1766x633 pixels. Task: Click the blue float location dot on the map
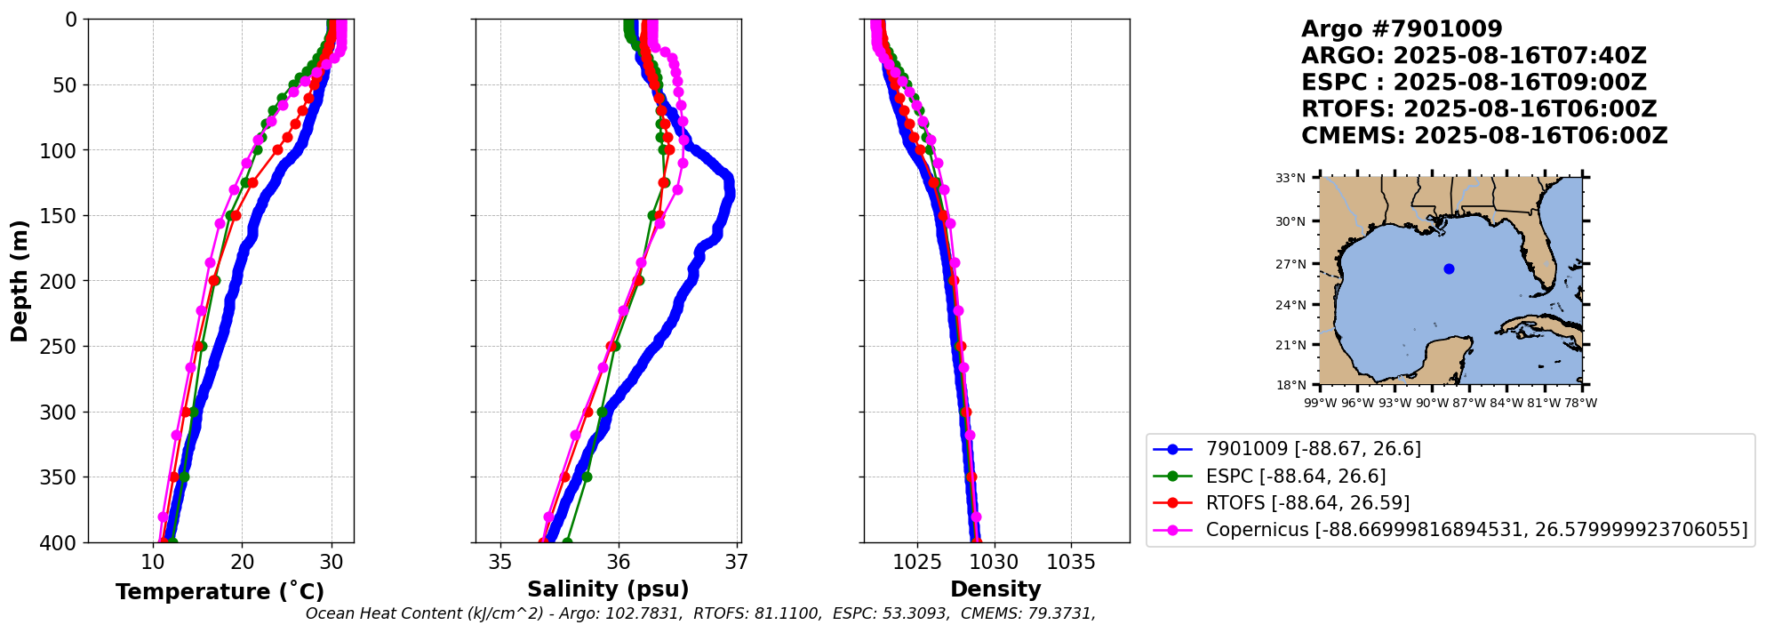coord(1449,268)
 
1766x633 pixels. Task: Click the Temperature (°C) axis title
coord(220,592)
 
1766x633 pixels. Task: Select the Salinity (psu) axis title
coord(608,589)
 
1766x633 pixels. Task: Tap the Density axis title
coord(995,589)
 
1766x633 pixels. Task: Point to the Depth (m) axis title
coord(19,281)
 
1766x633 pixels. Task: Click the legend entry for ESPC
coord(1295,477)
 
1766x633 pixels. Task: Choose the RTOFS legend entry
coord(1307,503)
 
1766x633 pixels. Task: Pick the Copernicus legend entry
coord(1475,530)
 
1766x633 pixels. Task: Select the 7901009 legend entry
coord(1313,449)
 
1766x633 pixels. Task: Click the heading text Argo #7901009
coord(1402,29)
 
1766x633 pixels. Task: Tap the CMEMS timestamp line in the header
coord(1484,136)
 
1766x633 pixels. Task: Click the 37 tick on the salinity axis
coord(736,562)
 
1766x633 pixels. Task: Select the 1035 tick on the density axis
coord(1071,562)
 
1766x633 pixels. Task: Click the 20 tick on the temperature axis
coord(243,562)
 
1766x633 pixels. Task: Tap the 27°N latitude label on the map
coord(1291,264)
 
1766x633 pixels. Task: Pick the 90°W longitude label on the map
coord(1431,404)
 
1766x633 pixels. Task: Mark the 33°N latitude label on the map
coord(1291,179)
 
